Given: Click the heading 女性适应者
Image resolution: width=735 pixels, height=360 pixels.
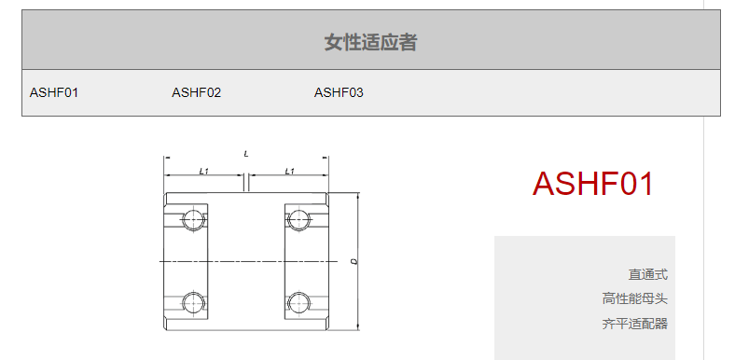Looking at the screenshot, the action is click(x=370, y=42).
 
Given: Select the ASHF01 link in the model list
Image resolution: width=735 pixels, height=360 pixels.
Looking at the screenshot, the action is click(x=54, y=92).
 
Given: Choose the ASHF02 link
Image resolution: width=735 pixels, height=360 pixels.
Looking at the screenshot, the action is click(x=196, y=92).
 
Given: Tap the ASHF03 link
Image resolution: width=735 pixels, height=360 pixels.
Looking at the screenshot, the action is click(x=339, y=92).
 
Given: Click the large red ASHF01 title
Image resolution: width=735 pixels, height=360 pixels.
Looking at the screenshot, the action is click(x=593, y=184).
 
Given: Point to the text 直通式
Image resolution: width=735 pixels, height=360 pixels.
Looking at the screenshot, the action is click(x=648, y=274).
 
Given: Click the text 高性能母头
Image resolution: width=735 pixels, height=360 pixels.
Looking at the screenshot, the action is click(x=634, y=298).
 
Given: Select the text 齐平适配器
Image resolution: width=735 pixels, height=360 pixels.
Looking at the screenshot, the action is click(x=634, y=324).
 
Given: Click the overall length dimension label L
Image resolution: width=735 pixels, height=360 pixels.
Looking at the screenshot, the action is click(x=246, y=154).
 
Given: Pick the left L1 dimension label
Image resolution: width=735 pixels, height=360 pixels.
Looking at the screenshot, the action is click(x=203, y=171).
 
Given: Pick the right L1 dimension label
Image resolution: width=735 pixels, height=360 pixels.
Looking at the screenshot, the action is click(x=290, y=171).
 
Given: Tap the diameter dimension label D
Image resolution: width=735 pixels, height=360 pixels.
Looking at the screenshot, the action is click(x=354, y=261).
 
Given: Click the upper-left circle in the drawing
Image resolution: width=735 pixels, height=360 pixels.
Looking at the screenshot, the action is click(x=193, y=219).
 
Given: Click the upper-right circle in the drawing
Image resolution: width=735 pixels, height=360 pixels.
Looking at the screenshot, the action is click(x=298, y=219).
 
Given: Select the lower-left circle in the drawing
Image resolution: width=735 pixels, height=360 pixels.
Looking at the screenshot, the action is click(x=193, y=302).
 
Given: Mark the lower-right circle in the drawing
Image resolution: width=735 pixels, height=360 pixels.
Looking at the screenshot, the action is click(x=298, y=302).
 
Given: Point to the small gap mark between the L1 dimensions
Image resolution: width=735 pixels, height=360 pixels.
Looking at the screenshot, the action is click(x=246, y=182).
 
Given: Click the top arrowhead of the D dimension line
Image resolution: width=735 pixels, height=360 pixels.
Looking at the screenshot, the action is click(x=358, y=195).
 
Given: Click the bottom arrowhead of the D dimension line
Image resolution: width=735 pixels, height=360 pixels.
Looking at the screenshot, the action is click(x=358, y=327).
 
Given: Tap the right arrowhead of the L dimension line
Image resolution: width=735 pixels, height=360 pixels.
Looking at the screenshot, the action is click(x=326, y=158).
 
